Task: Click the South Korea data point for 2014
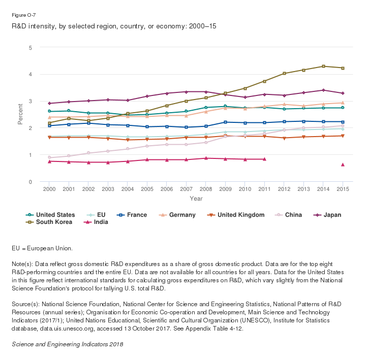click(323, 66)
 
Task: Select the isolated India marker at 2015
click(343, 165)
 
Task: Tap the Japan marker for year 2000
click(49, 104)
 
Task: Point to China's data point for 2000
click(49, 157)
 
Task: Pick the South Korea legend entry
click(50, 222)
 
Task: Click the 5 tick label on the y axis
click(30, 48)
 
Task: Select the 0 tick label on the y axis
click(30, 182)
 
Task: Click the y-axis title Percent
click(20, 115)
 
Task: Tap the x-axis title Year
click(196, 198)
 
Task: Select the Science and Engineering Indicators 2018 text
click(67, 344)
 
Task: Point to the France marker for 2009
click(225, 122)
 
